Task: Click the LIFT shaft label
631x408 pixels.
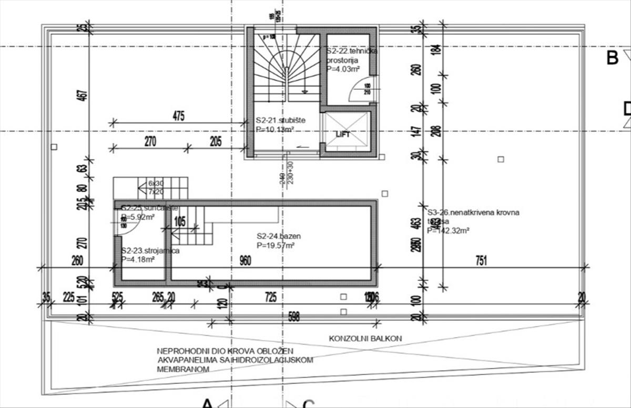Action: [x=342, y=134]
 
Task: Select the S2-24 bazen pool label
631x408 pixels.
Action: [x=279, y=236]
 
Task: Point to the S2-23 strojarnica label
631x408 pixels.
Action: [x=150, y=251]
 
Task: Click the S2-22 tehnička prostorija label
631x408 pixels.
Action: [x=352, y=51]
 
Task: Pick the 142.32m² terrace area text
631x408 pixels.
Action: [x=448, y=230]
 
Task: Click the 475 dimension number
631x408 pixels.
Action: [x=178, y=117]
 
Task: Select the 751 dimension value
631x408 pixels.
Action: [x=481, y=260]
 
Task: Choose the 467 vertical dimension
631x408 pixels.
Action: [x=85, y=96]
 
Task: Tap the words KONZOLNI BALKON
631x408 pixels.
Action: [x=365, y=339]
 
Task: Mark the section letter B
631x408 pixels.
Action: [x=612, y=58]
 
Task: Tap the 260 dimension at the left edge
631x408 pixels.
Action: [x=77, y=261]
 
